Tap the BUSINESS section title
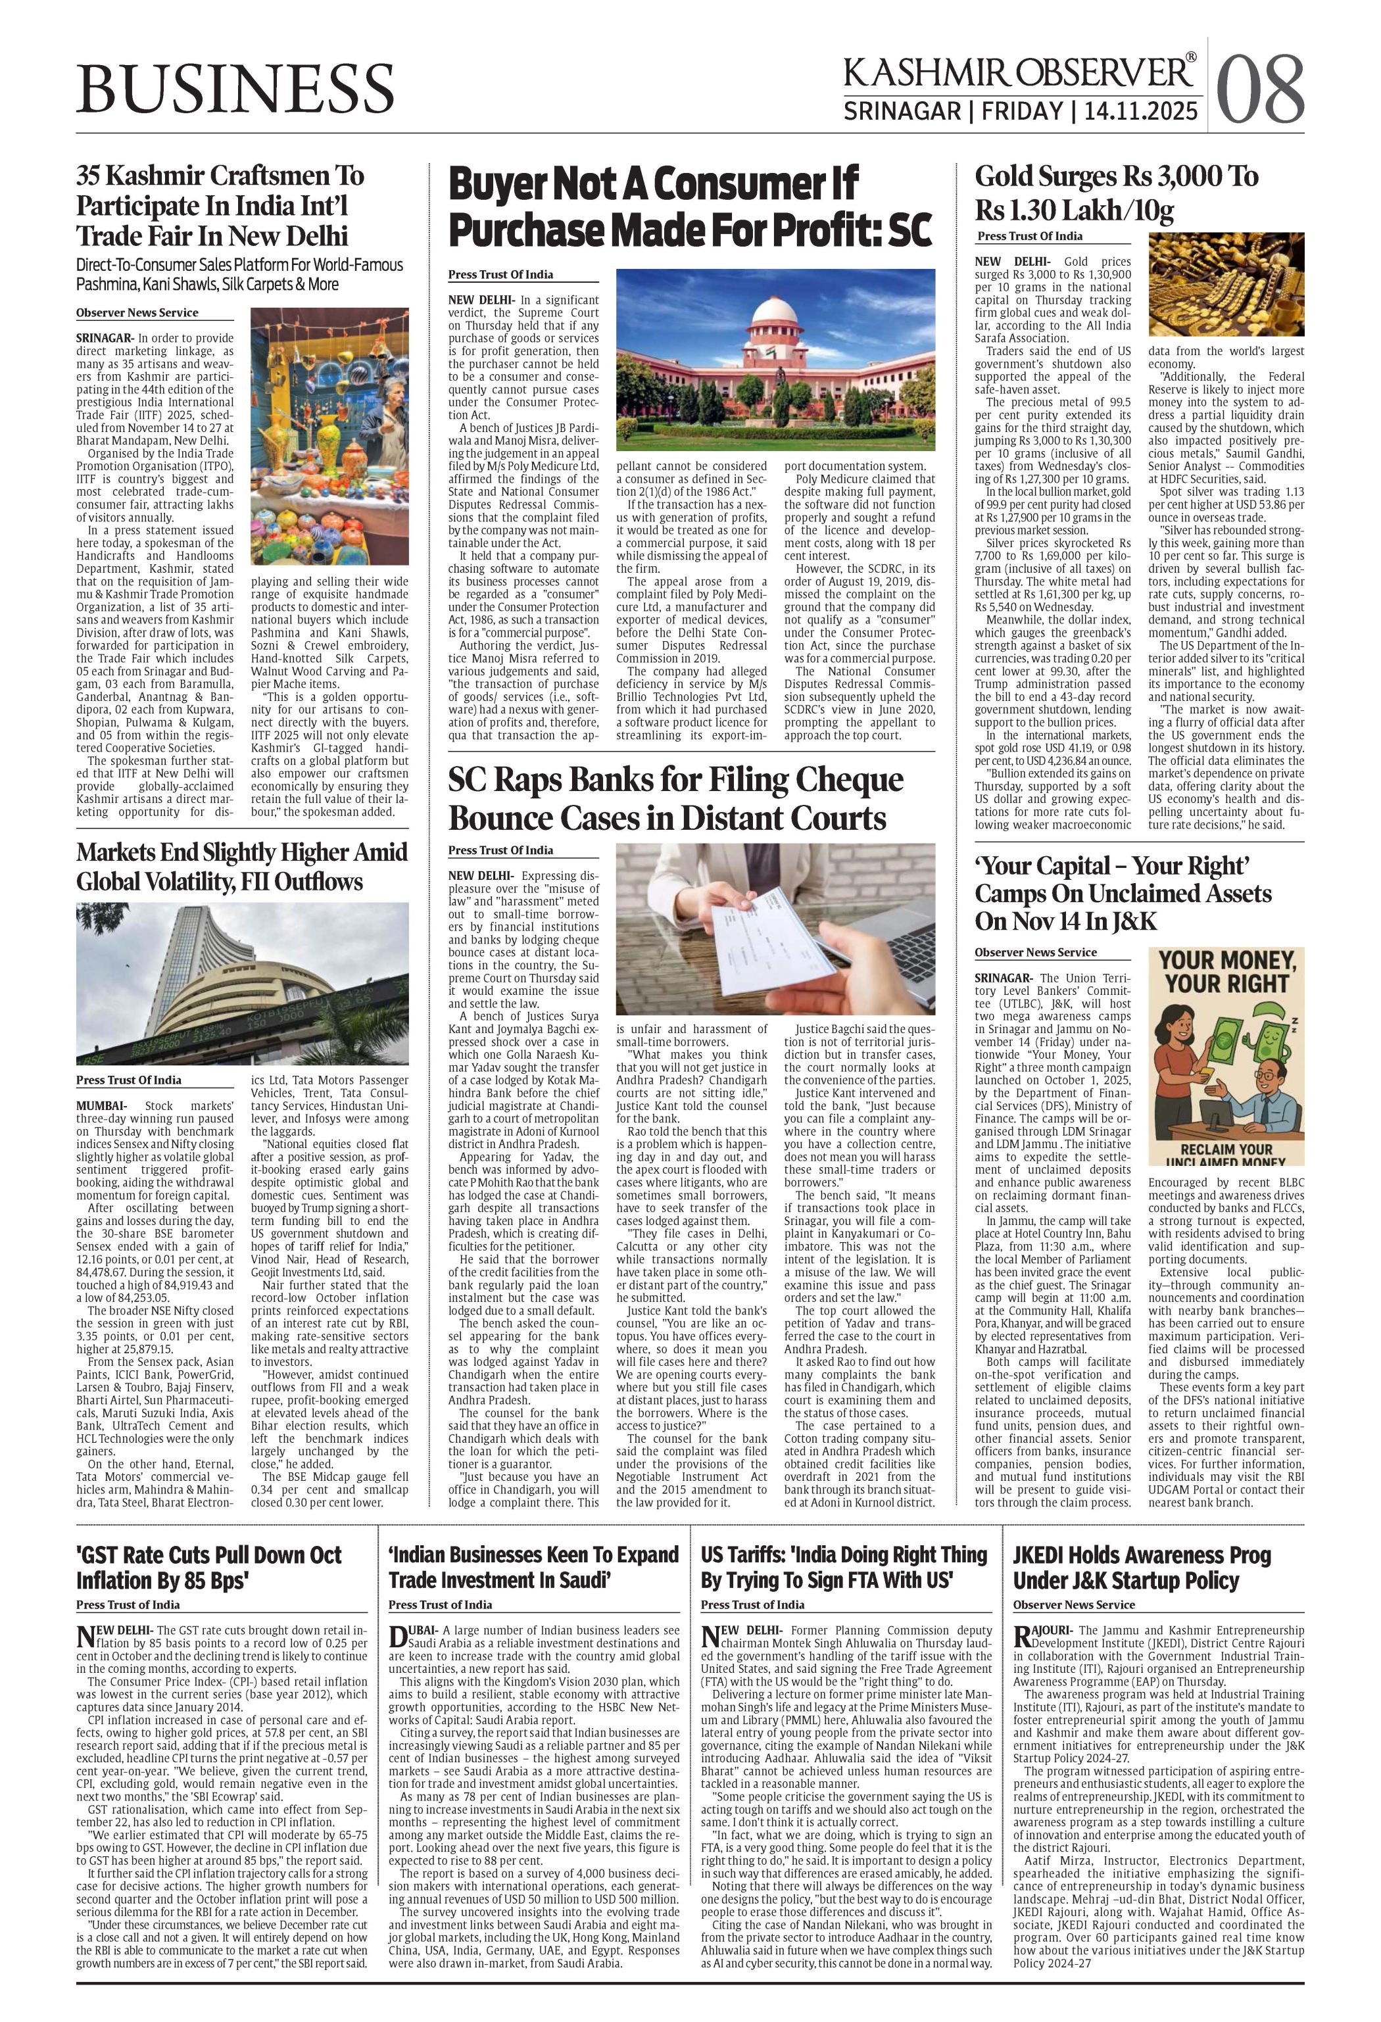[x=235, y=89]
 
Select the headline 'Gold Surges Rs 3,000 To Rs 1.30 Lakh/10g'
[x=1117, y=193]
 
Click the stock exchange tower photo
[x=242, y=983]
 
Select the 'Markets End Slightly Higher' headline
[x=242, y=866]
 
